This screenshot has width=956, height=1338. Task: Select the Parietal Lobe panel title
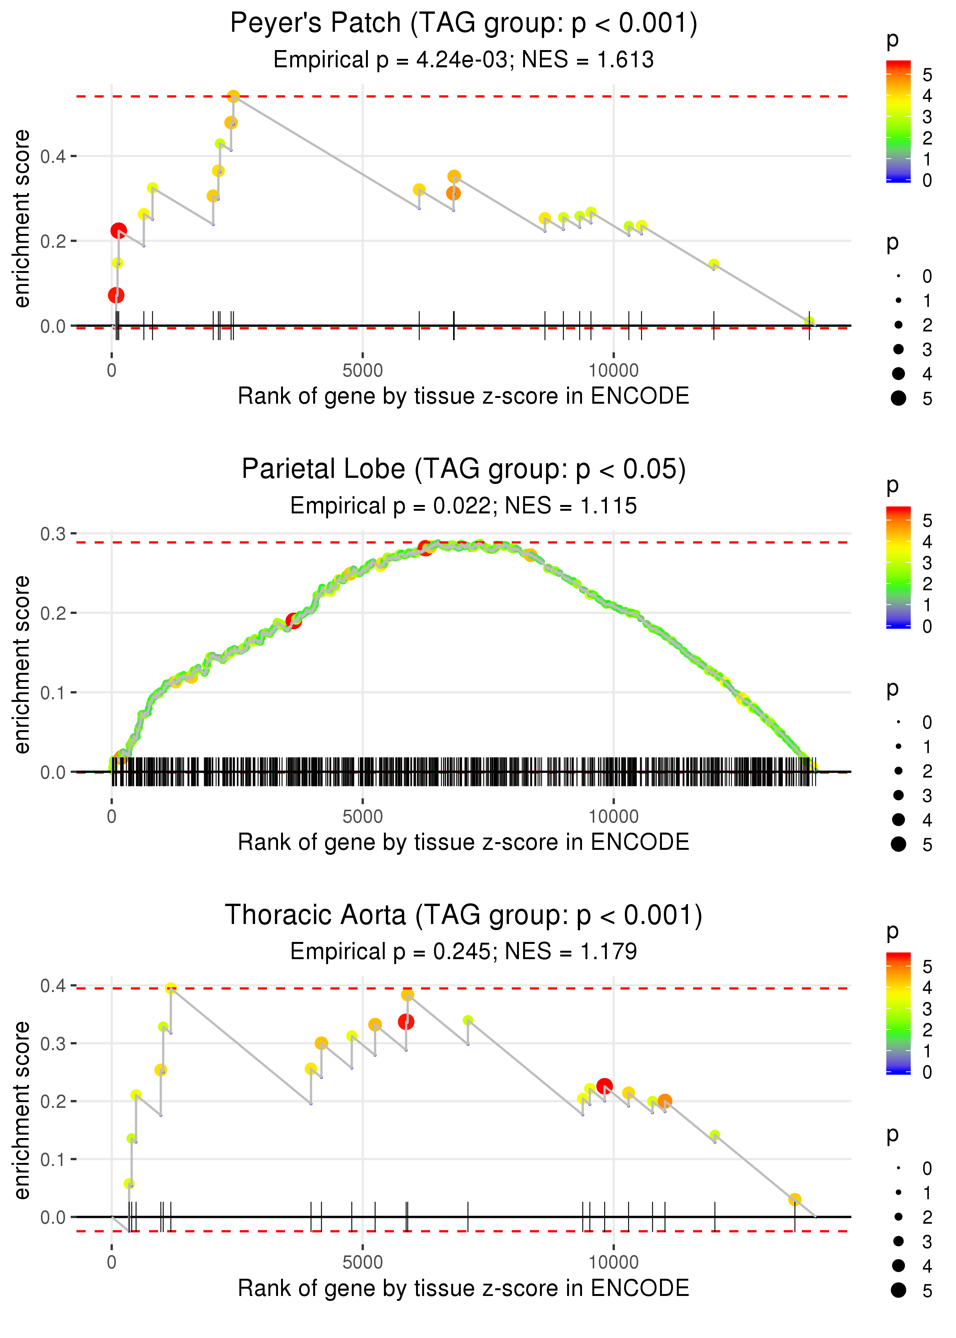tap(463, 469)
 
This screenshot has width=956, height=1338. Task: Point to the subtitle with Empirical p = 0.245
tap(463, 952)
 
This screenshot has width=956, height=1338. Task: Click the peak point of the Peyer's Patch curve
tap(233, 96)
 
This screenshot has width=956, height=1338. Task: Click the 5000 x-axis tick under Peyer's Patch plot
tap(363, 371)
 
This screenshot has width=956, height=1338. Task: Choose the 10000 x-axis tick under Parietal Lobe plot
tap(613, 817)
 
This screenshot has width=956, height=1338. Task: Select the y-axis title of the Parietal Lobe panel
tap(22, 665)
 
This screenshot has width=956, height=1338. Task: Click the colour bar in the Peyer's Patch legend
tap(898, 121)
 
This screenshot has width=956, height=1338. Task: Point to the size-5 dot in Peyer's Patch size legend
tap(898, 398)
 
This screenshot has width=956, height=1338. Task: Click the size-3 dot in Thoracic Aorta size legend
tap(898, 1241)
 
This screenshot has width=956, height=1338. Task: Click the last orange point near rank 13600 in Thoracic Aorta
tap(795, 1199)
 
